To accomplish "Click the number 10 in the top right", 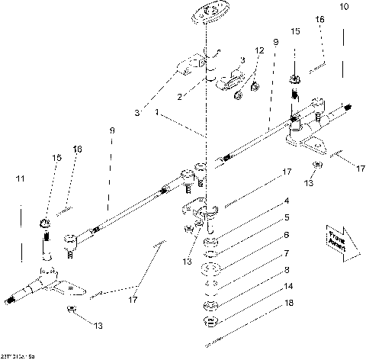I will coord(344,7).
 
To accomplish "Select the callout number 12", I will coord(260,50).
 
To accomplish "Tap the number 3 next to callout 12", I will coord(242,59).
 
